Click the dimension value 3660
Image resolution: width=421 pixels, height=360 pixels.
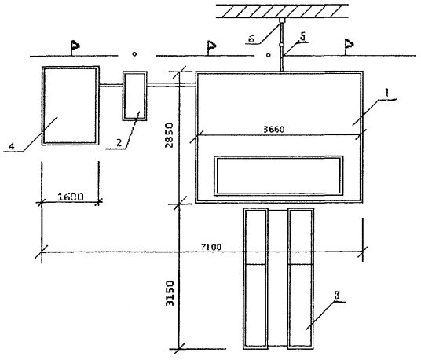(x=273, y=130)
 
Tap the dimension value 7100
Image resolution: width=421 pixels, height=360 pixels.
(x=211, y=247)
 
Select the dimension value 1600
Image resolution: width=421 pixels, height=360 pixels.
(x=71, y=197)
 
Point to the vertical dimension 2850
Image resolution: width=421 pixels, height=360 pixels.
(x=170, y=135)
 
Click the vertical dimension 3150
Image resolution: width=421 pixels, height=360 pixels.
(x=170, y=293)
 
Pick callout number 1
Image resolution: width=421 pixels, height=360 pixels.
(x=387, y=93)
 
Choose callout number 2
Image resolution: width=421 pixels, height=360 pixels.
(x=119, y=142)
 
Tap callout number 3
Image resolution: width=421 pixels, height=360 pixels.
(x=337, y=296)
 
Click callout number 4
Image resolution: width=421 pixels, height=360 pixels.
(x=12, y=146)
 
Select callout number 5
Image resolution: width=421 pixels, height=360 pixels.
(x=302, y=36)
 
